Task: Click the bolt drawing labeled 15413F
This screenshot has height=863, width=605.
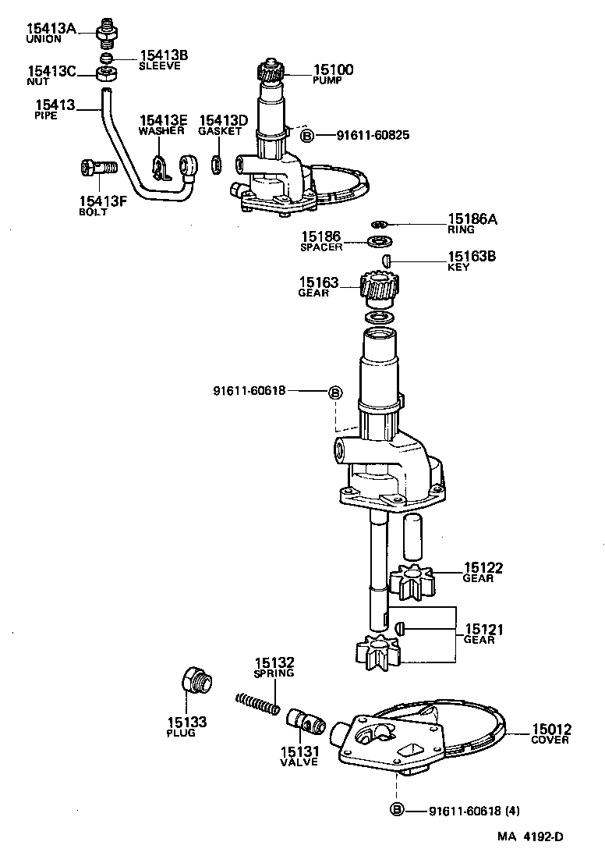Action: pos(97,166)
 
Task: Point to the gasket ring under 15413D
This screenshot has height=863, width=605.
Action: pos(218,165)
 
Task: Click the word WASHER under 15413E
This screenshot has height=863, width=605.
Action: pos(161,131)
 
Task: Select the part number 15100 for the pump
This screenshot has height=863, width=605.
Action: pos(333,70)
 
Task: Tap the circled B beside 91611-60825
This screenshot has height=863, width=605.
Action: pos(307,136)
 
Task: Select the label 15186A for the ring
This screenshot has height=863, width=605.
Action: pos(471,220)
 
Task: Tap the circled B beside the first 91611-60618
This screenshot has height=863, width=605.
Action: pos(334,392)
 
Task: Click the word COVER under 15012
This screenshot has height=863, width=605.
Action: pos(550,740)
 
